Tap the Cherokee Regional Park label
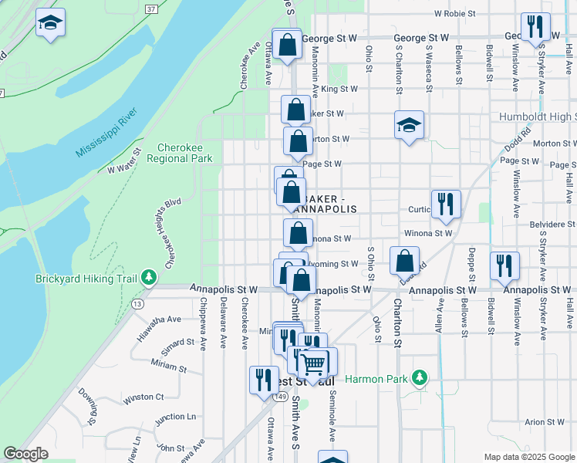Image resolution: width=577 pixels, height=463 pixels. pyautogui.click(x=184, y=153)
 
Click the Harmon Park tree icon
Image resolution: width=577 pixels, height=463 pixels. pyautogui.click(x=419, y=378)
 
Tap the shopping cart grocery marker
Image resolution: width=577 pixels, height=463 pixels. pyautogui.click(x=314, y=363)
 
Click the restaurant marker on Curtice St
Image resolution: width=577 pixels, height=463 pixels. pyautogui.click(x=446, y=204)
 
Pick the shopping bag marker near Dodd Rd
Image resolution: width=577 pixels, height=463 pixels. pyautogui.click(x=404, y=261)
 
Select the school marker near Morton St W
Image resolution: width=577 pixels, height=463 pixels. pyautogui.click(x=409, y=125)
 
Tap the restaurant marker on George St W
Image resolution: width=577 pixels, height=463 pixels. pyautogui.click(x=534, y=26)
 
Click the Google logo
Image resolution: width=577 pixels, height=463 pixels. pyautogui.click(x=26, y=454)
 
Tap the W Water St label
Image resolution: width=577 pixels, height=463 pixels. pyautogui.click(x=126, y=161)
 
